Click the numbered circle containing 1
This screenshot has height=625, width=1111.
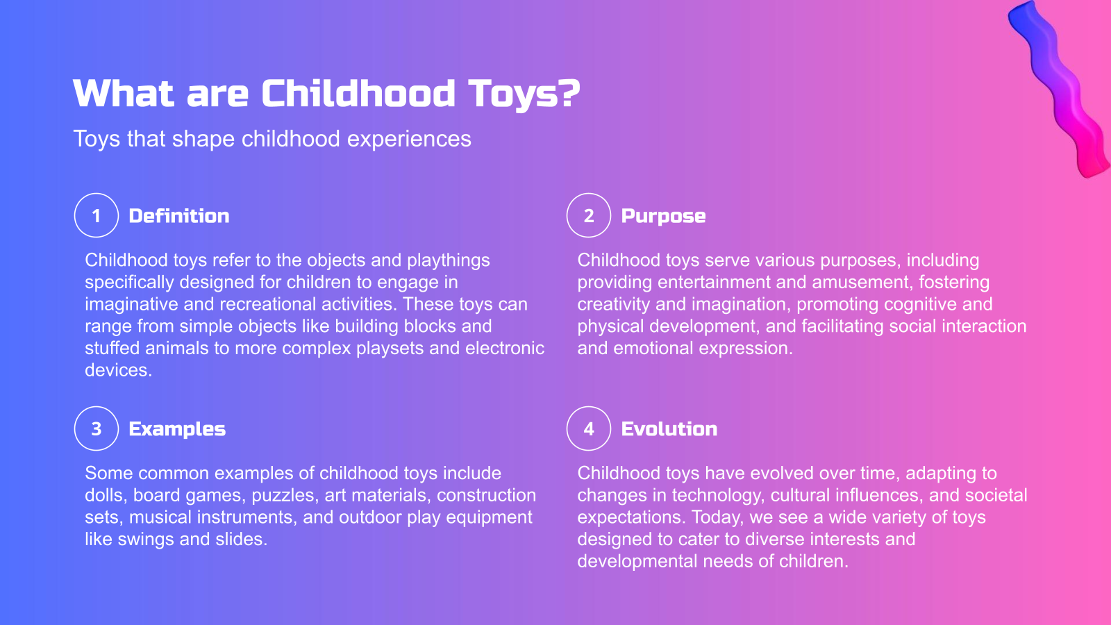click(x=97, y=215)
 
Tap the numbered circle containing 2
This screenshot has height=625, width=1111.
click(x=589, y=215)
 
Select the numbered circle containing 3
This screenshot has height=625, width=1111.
click(x=97, y=428)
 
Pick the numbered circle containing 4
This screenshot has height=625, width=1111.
click(x=589, y=428)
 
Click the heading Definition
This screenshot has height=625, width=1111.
click(x=179, y=216)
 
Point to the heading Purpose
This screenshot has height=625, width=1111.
click(x=663, y=216)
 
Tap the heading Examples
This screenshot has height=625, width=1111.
click(x=177, y=429)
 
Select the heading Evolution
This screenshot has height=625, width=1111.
click(x=669, y=429)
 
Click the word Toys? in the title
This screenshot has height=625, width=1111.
click(x=524, y=94)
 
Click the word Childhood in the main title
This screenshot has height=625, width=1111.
click(x=358, y=94)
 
